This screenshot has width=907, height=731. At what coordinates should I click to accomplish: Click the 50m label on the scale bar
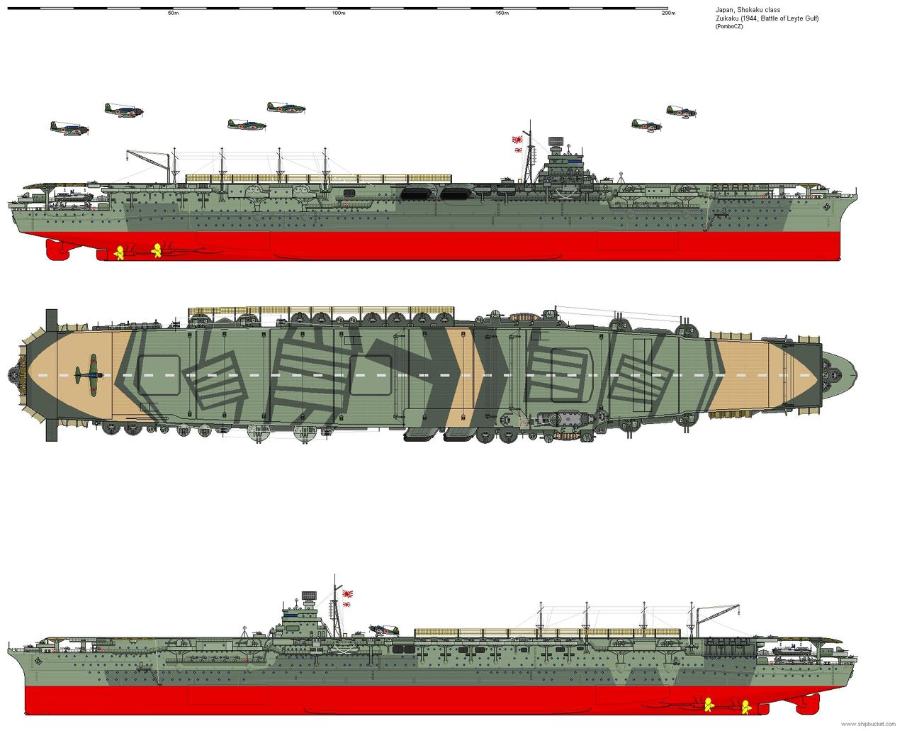(173, 13)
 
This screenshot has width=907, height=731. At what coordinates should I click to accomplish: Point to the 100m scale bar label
(339, 13)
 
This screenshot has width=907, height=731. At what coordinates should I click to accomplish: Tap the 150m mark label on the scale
(502, 13)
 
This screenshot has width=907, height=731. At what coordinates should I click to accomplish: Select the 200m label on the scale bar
(668, 13)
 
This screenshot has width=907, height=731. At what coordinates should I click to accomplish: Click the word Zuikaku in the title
(726, 18)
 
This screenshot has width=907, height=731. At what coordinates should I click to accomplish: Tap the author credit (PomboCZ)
(729, 26)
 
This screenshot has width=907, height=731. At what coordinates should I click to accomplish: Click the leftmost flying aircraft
(69, 128)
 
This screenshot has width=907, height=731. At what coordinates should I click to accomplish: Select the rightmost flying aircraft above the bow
(682, 111)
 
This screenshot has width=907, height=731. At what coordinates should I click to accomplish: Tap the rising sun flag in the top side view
(517, 144)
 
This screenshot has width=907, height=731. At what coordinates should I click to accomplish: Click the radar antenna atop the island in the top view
(557, 141)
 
